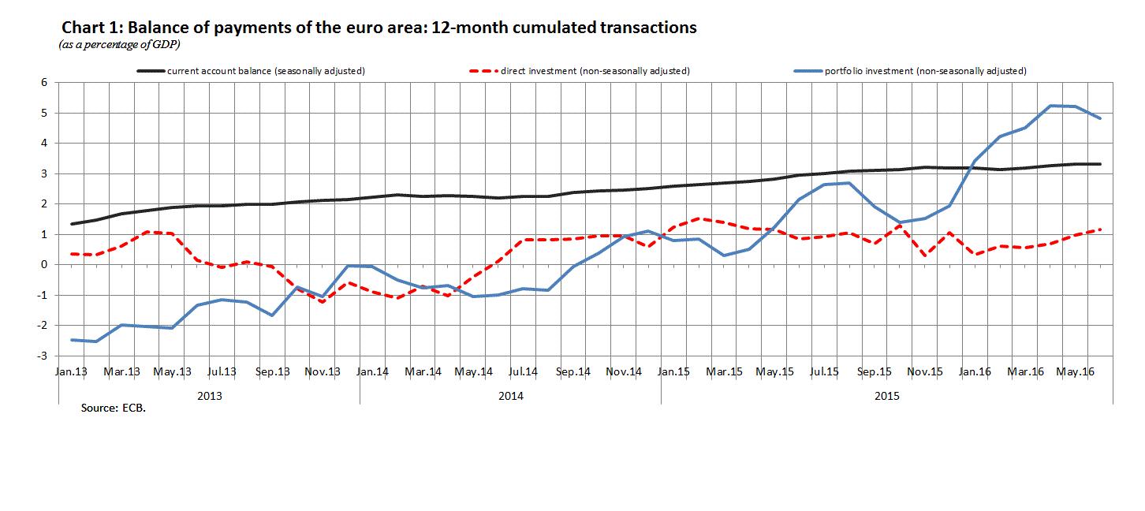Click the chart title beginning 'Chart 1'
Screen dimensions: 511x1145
coord(379,28)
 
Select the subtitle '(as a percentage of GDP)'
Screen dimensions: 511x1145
coord(120,45)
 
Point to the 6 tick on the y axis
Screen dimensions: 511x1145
coord(45,83)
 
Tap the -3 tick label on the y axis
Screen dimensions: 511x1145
coord(43,356)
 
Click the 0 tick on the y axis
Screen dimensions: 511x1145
coord(45,265)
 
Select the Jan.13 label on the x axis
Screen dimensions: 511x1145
coord(72,371)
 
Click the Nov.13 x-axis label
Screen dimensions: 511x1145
coord(323,371)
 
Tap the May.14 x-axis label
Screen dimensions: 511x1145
coord(474,371)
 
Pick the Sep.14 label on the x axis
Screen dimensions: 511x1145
coord(573,371)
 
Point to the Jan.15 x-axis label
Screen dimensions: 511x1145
coord(674,371)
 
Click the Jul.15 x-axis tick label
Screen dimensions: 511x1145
coord(824,371)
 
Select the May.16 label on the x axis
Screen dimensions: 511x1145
coord(1076,371)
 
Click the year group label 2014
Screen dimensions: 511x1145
coord(510,396)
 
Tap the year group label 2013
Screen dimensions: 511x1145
coord(209,396)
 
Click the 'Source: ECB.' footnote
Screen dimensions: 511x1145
coord(114,409)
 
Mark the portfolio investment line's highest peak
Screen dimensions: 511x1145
coord(1050,106)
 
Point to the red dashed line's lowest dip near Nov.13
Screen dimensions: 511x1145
coord(323,302)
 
